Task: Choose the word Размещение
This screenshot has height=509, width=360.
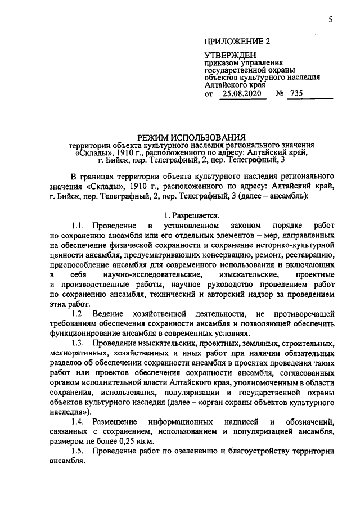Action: click(115, 421)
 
